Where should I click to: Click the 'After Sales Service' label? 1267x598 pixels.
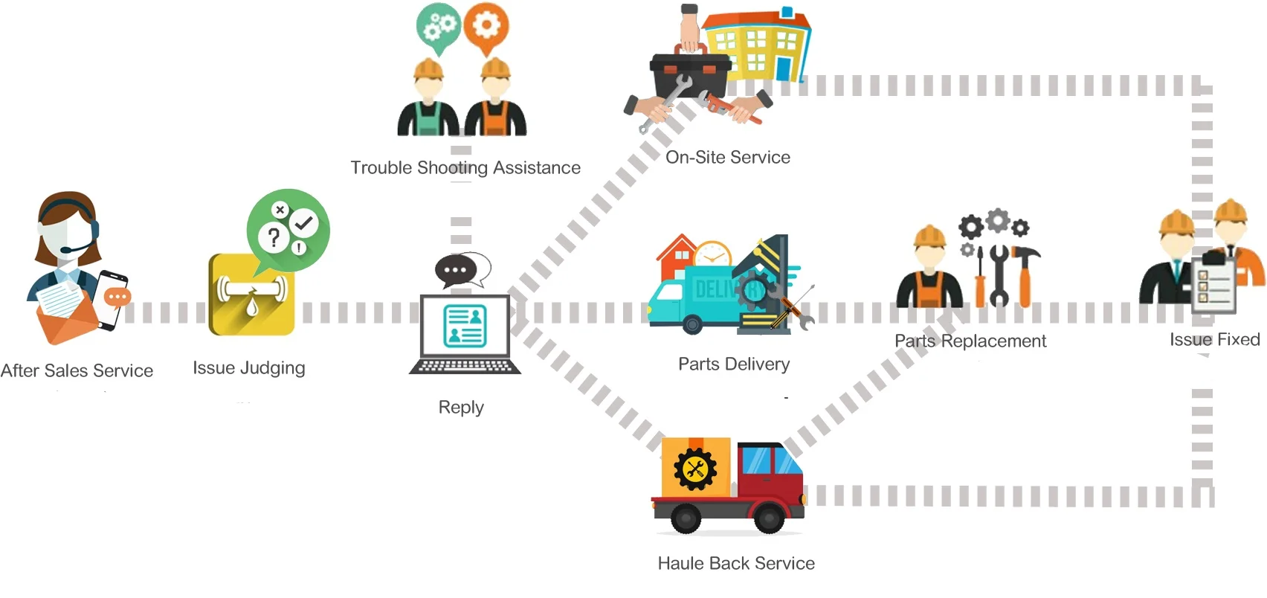pyautogui.click(x=77, y=370)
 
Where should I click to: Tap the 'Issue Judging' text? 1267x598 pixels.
pyautogui.click(x=249, y=368)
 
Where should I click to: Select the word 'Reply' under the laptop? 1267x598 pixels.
pyautogui.click(x=461, y=407)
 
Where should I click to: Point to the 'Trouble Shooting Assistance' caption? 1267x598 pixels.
pyautogui.click(x=465, y=168)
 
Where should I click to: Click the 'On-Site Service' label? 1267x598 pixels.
pyautogui.click(x=728, y=157)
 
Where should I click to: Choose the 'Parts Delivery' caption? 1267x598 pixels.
pyautogui.click(x=734, y=364)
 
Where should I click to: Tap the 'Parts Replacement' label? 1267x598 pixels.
pyautogui.click(x=970, y=341)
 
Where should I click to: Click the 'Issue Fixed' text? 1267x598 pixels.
pyautogui.click(x=1214, y=340)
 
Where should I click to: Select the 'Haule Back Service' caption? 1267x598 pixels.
pyautogui.click(x=736, y=563)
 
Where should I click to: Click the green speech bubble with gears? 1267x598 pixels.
pyautogui.click(x=439, y=27)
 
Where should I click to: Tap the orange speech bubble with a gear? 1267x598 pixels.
pyautogui.click(x=486, y=26)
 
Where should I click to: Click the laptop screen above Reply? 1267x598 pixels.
pyautogui.click(x=465, y=326)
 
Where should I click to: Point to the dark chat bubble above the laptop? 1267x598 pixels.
pyautogui.click(x=455, y=270)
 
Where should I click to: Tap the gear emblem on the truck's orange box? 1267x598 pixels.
pyautogui.click(x=695, y=469)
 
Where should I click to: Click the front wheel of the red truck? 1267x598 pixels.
pyautogui.click(x=769, y=517)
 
